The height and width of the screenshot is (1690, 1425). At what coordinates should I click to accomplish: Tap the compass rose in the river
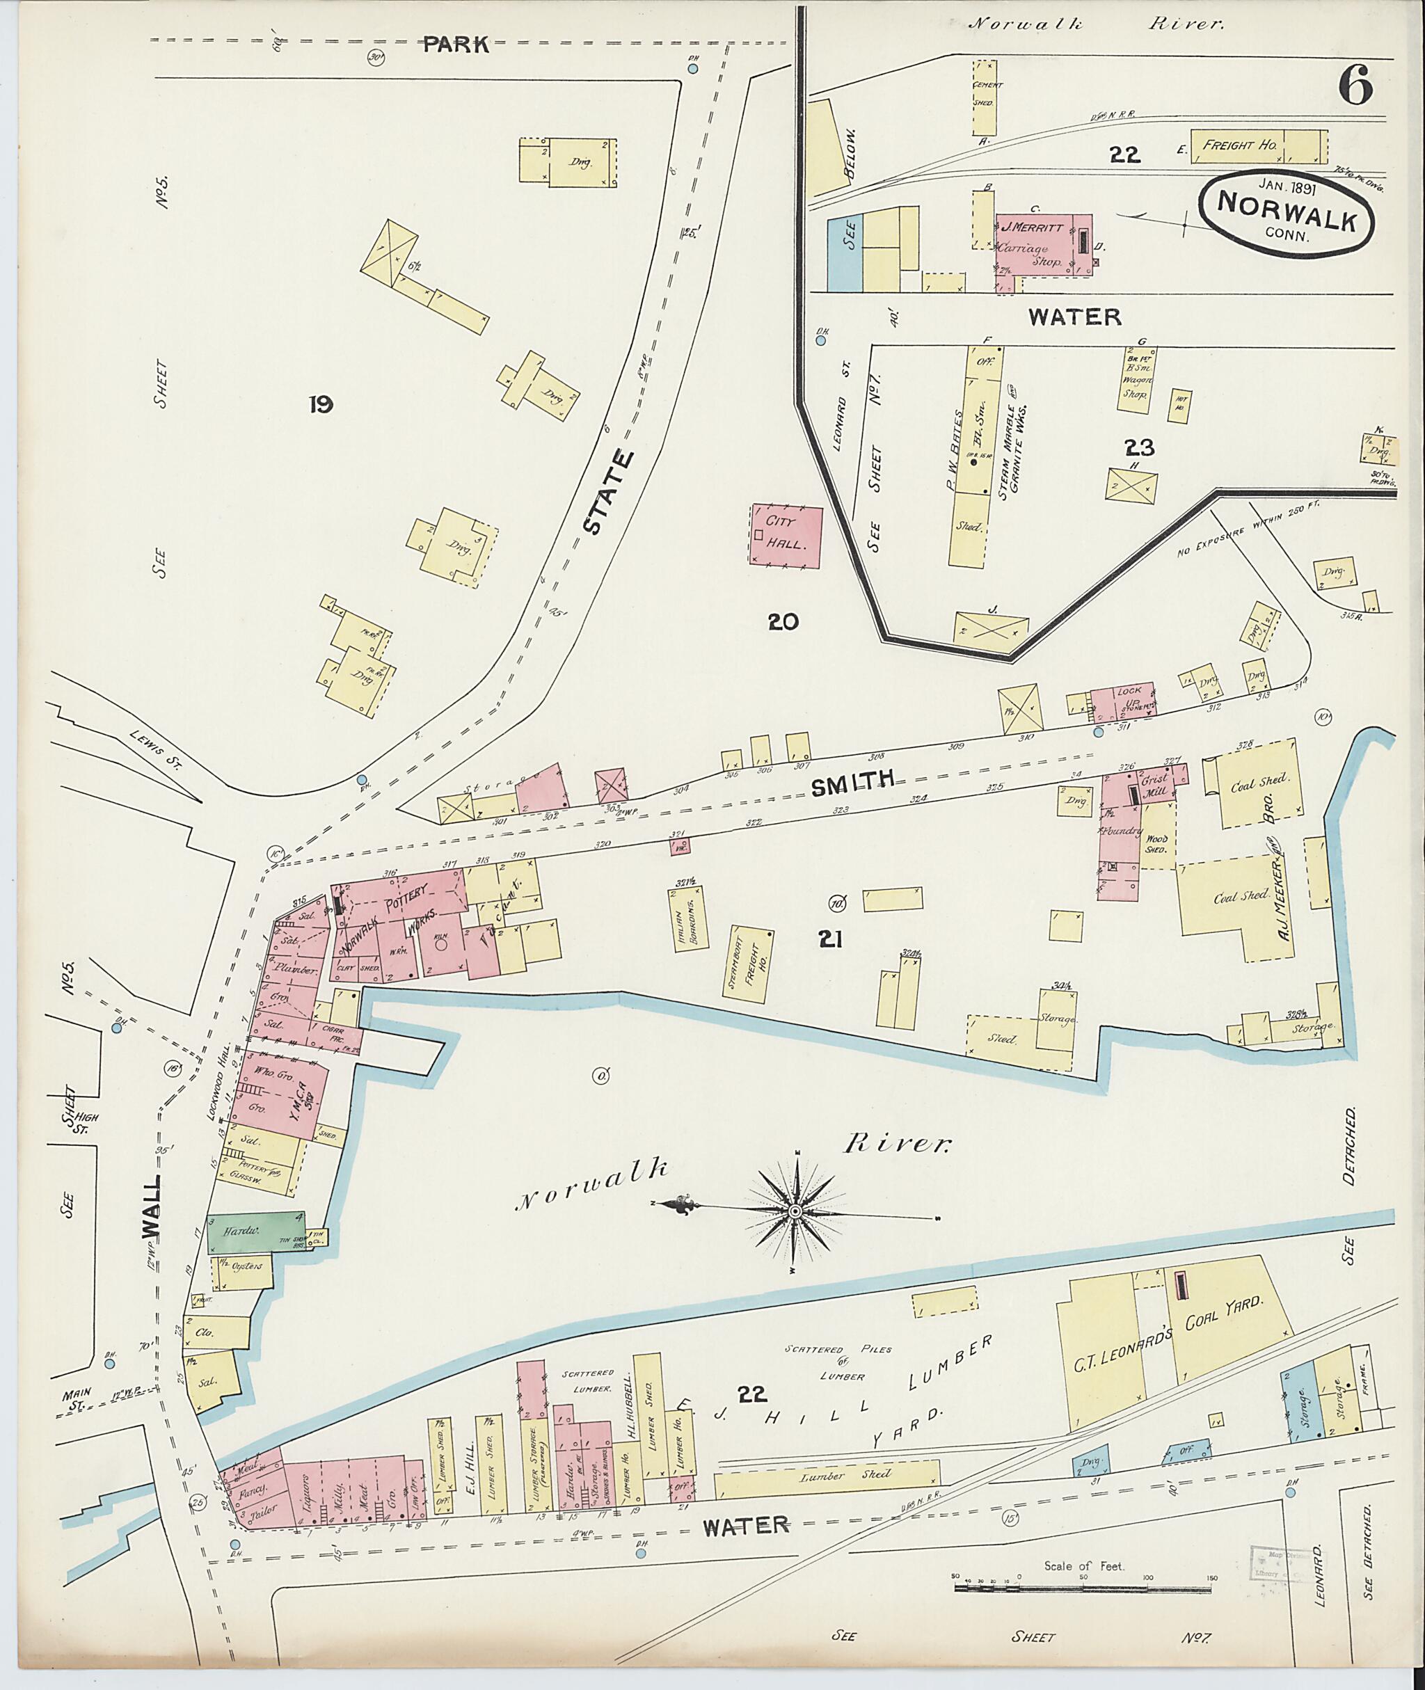(x=795, y=1212)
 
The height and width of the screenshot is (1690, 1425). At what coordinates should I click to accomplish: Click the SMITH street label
(x=852, y=783)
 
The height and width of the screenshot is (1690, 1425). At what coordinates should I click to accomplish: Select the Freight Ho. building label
(x=1239, y=145)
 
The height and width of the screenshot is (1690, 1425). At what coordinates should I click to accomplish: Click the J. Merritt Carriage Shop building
(x=1042, y=244)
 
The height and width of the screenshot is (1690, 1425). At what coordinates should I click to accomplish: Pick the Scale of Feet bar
(x=1083, y=1588)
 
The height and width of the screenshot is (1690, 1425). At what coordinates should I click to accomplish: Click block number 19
(x=320, y=404)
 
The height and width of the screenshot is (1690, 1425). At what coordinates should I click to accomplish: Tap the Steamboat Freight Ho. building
(x=748, y=966)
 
